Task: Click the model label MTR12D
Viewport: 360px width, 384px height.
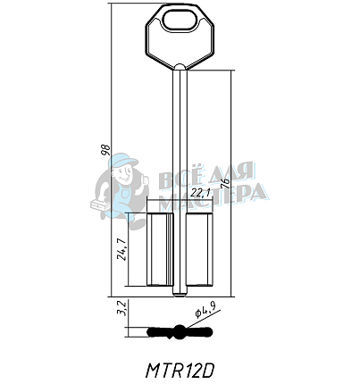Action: pyautogui.click(x=180, y=367)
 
